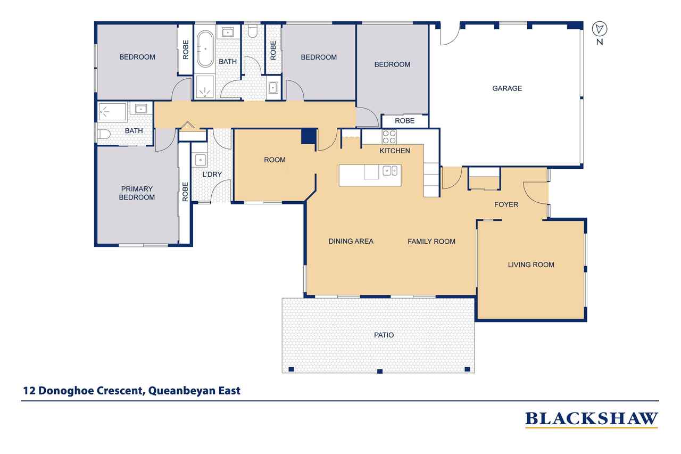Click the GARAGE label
click(x=507, y=88)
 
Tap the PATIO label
click(x=384, y=335)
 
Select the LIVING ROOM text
click(x=531, y=265)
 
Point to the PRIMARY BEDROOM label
click(x=137, y=193)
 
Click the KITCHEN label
click(x=395, y=151)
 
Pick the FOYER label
click(x=506, y=205)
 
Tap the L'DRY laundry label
click(x=212, y=174)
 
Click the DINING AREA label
click(x=351, y=242)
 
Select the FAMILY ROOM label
click(x=431, y=242)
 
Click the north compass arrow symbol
click(x=600, y=29)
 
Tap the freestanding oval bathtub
click(x=205, y=48)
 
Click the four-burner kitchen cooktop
click(x=389, y=137)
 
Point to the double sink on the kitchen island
click(x=389, y=171)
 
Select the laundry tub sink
click(x=201, y=160)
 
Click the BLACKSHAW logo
click(x=592, y=419)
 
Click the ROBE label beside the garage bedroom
click(x=404, y=121)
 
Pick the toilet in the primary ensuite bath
click(x=104, y=134)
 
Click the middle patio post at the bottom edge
click(x=379, y=371)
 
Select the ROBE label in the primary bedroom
click(x=185, y=192)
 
